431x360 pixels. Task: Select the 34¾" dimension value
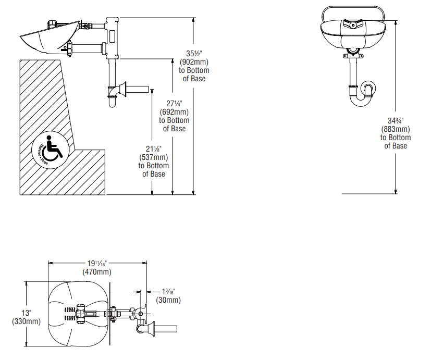click(x=396, y=121)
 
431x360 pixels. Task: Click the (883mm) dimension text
click(x=396, y=129)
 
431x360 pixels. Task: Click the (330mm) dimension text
click(x=26, y=321)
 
